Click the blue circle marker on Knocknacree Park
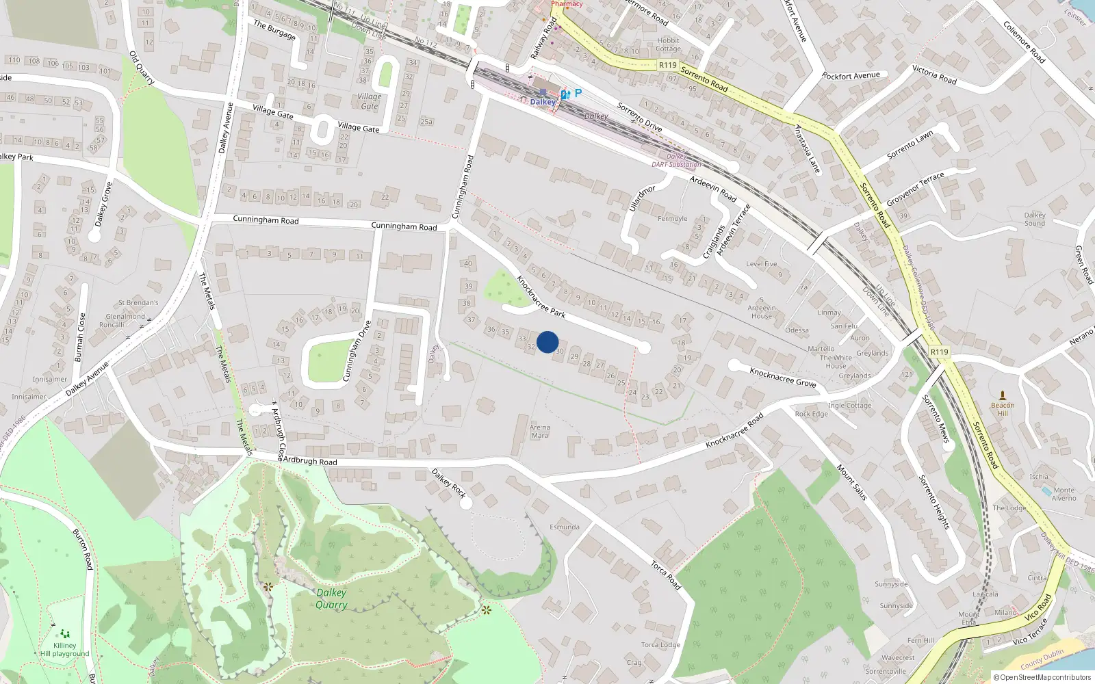[547, 342]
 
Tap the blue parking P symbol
[578, 93]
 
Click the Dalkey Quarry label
[331, 598]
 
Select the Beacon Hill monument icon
[1003, 395]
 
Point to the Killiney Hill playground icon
[64, 634]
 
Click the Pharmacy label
[567, 4]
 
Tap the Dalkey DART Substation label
[676, 161]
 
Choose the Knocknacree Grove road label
[783, 377]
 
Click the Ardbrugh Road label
[310, 461]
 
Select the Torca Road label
[665, 575]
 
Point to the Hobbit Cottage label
[668, 44]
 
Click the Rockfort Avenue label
[851, 76]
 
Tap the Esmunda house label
[565, 527]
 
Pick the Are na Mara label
[540, 431]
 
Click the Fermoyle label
[672, 219]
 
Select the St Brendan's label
[138, 302]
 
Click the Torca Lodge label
[660, 644]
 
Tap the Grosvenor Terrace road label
[915, 189]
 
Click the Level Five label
[761, 263]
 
